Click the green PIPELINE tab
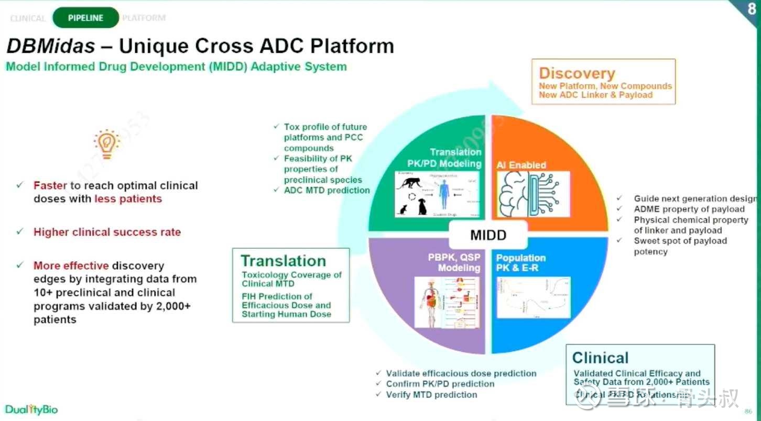(x=85, y=18)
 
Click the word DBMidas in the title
(x=50, y=46)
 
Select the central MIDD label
(x=488, y=235)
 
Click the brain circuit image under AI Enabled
(x=532, y=194)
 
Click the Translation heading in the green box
(x=283, y=261)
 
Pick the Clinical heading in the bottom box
(x=600, y=358)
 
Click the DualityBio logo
(x=31, y=409)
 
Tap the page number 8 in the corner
(x=752, y=9)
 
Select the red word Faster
(x=50, y=185)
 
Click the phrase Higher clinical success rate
(x=107, y=232)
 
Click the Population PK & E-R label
(x=520, y=263)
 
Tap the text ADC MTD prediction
(x=327, y=190)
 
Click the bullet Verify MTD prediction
(x=431, y=394)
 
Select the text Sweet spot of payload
(x=680, y=241)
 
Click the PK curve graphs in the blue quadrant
(x=533, y=298)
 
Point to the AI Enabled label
(x=521, y=165)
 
